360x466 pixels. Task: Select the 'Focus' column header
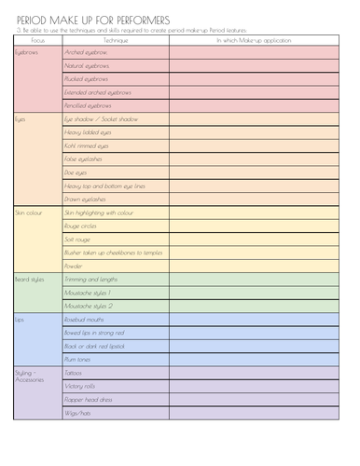tap(37, 41)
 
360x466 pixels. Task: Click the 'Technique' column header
tap(116, 41)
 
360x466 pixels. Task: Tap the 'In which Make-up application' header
tap(254, 41)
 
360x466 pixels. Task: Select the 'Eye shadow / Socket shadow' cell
tap(101, 119)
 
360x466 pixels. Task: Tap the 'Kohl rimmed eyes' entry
tap(87, 146)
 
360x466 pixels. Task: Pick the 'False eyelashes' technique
tap(84, 159)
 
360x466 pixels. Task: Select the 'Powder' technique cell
tap(74, 266)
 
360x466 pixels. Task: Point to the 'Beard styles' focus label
tap(30, 280)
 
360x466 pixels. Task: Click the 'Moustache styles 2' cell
tap(89, 306)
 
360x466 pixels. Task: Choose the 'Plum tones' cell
tap(78, 359)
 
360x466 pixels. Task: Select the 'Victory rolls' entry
tap(81, 386)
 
